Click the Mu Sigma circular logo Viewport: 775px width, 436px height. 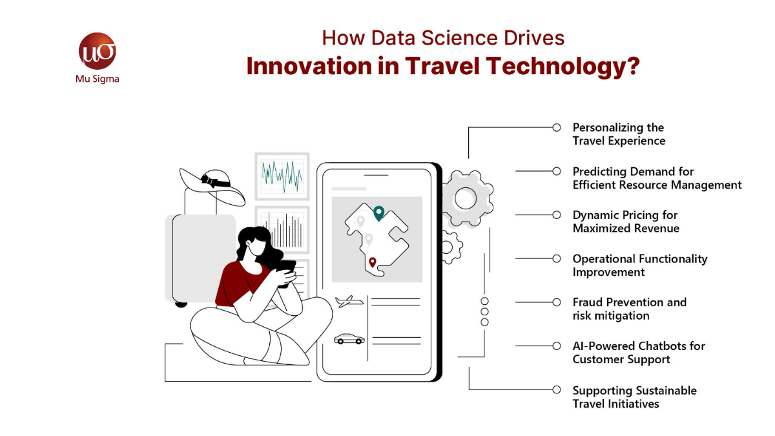click(x=97, y=51)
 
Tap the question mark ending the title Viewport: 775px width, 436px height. click(x=632, y=67)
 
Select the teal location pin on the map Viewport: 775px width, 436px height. click(x=378, y=213)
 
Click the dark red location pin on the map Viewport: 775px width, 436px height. click(x=373, y=262)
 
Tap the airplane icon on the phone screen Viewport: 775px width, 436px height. click(x=349, y=301)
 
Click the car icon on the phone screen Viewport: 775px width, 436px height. click(x=349, y=339)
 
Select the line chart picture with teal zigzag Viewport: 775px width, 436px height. click(x=282, y=174)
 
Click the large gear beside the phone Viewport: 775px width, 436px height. click(x=466, y=197)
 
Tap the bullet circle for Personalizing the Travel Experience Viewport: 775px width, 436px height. click(x=556, y=128)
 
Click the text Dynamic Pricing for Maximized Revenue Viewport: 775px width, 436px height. click(x=625, y=222)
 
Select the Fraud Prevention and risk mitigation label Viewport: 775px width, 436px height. click(x=629, y=309)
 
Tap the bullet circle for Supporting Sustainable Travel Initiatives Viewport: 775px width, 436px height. click(x=556, y=389)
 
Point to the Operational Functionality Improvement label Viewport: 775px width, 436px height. click(x=639, y=265)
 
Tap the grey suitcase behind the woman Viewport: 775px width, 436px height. click(x=194, y=258)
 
